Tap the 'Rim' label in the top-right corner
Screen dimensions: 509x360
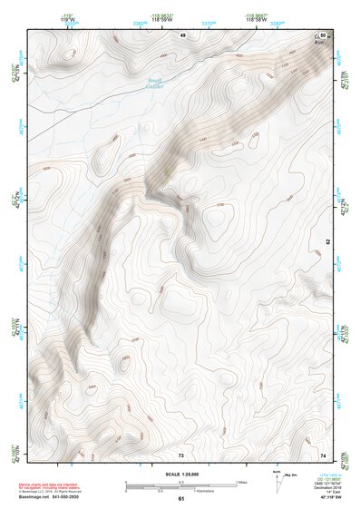(x=319, y=43)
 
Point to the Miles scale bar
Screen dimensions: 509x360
(x=180, y=483)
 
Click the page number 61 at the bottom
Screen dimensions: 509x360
(x=180, y=499)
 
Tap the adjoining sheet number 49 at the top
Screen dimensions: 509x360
(x=181, y=34)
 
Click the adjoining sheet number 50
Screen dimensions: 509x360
(x=323, y=34)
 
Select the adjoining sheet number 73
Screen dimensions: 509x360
(x=180, y=455)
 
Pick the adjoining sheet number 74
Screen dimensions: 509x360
(x=324, y=455)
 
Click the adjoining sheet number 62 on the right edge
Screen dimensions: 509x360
(x=328, y=242)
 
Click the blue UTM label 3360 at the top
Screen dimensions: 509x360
(x=139, y=24)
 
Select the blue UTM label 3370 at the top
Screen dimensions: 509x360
(x=208, y=24)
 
